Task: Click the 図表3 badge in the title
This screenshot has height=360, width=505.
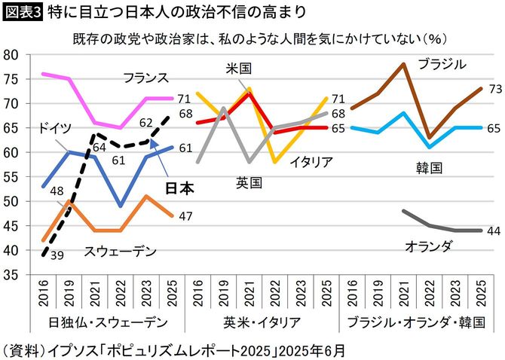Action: click(x=22, y=12)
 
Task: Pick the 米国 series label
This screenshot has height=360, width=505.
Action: click(x=238, y=68)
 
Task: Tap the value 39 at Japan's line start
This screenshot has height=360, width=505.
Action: click(x=56, y=256)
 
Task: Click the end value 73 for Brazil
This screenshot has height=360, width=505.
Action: click(x=495, y=89)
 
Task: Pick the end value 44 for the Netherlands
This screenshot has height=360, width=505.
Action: click(x=495, y=230)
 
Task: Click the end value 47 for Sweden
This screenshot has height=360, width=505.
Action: click(x=186, y=216)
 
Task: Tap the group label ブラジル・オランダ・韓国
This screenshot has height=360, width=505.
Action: click(x=415, y=322)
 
